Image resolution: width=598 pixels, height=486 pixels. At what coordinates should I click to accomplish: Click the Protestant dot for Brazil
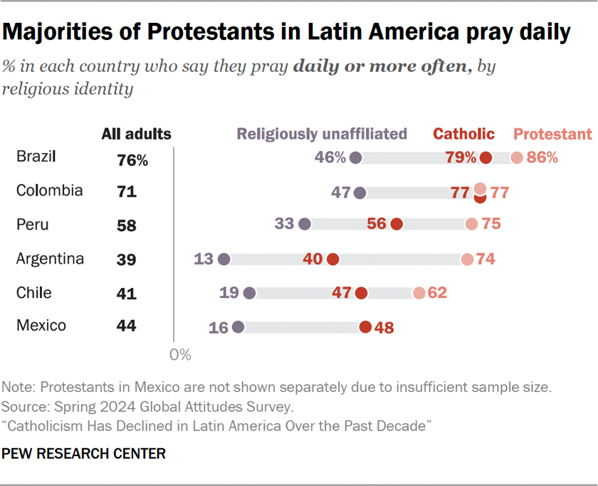coord(517,158)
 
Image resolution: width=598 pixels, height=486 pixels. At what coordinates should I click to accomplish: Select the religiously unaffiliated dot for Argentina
coord(224,259)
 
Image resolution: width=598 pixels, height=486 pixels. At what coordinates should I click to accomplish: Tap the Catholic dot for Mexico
coord(365,327)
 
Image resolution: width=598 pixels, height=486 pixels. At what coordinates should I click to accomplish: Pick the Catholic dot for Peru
coord(397,224)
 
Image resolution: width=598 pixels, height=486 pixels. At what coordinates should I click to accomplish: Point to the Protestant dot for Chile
coord(419,293)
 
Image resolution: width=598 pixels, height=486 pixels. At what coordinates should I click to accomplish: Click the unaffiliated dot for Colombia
coord(360,192)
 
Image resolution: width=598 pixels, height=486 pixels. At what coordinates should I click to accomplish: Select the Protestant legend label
coord(552,134)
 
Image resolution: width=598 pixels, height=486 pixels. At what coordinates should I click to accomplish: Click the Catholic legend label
coord(464,134)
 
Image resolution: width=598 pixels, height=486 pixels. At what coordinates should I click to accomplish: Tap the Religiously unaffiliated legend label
coord(322,134)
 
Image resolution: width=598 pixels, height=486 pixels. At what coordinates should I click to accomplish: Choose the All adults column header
coord(136,134)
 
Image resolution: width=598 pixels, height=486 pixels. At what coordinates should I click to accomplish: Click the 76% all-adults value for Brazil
coord(132,160)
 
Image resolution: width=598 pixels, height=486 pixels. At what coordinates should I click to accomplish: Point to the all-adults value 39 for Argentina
coord(127,260)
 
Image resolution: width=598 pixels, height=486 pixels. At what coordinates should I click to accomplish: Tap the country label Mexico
coord(41,326)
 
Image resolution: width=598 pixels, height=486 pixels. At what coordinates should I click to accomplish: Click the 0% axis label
coord(181,353)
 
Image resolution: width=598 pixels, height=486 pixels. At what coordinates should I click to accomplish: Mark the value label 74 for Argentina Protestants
coord(486,259)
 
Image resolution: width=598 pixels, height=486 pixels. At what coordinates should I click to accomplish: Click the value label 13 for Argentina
coord(204,259)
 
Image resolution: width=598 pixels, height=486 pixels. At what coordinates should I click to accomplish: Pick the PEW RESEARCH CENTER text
coord(84,453)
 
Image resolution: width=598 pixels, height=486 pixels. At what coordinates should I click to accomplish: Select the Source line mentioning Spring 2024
coord(147,407)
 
